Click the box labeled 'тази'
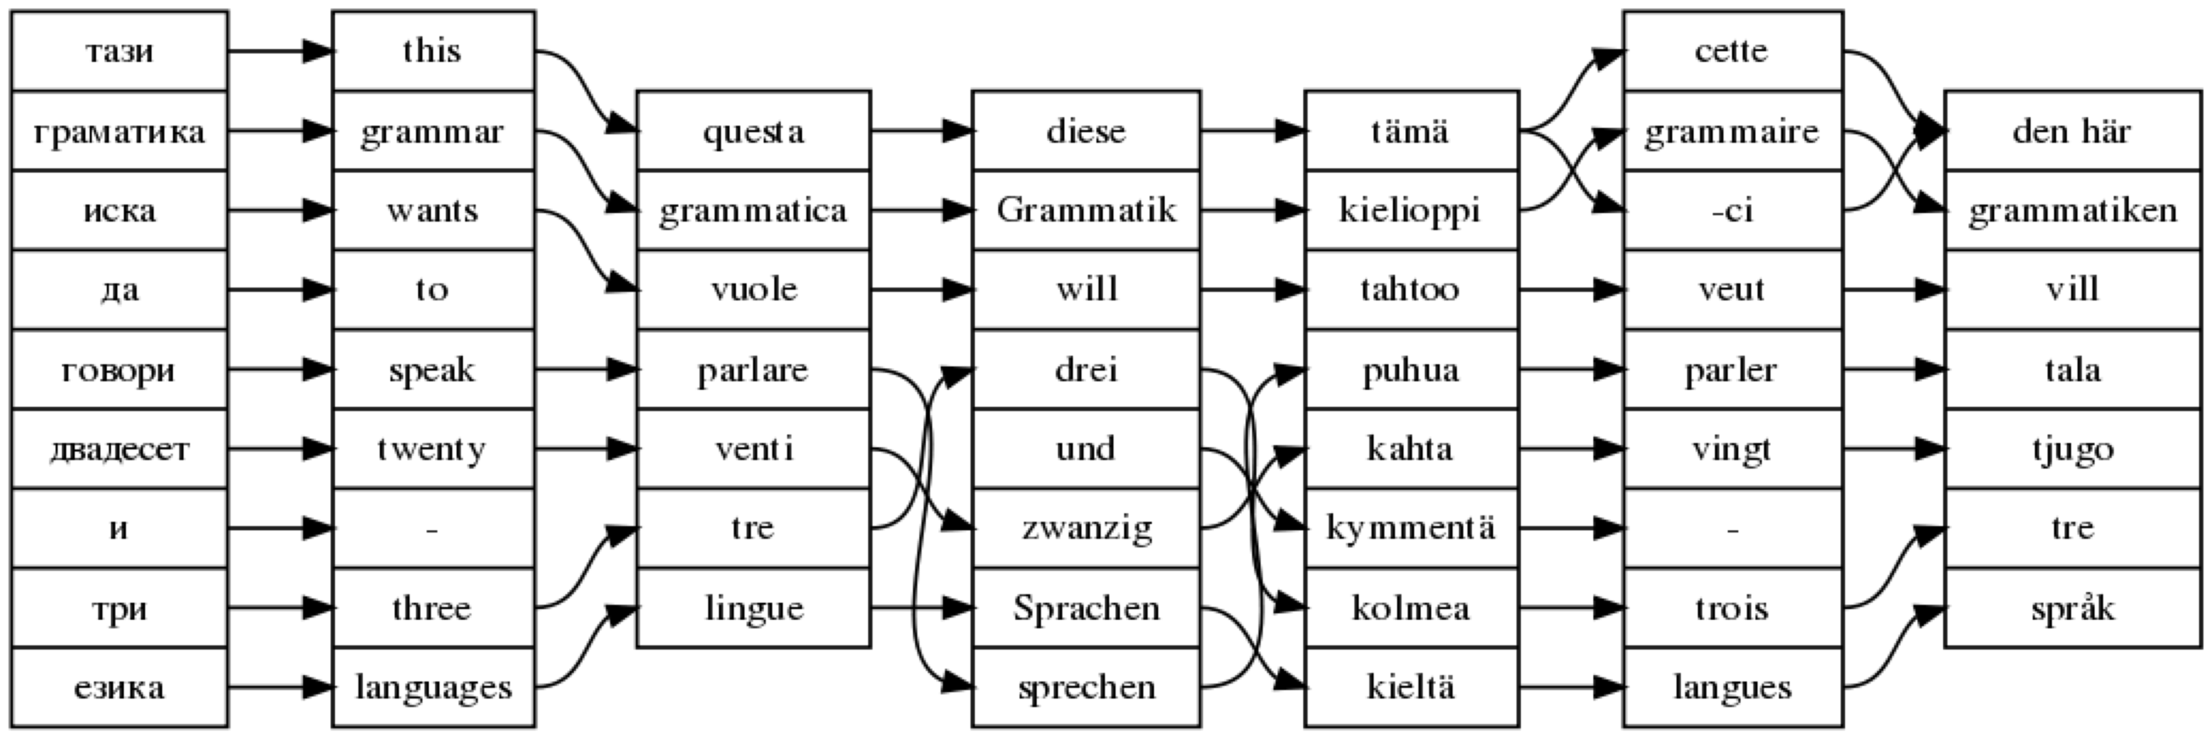click(119, 50)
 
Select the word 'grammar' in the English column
click(432, 131)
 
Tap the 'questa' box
click(753, 131)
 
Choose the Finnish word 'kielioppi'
click(1410, 210)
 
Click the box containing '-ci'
click(1732, 210)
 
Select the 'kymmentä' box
click(1410, 528)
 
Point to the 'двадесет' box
click(119, 449)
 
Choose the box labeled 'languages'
click(432, 687)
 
